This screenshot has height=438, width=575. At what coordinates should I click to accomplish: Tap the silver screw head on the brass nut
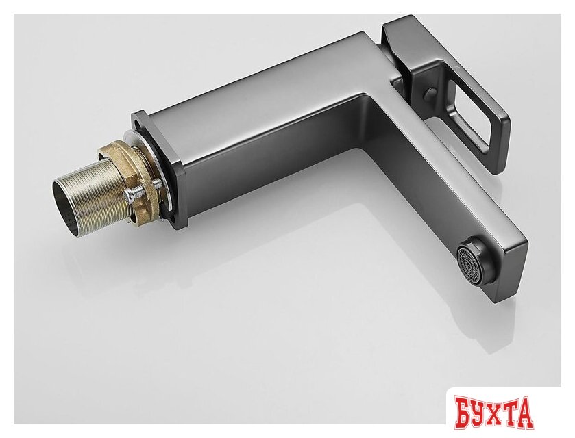[130, 195]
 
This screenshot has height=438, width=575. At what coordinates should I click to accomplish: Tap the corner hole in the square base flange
[140, 125]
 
